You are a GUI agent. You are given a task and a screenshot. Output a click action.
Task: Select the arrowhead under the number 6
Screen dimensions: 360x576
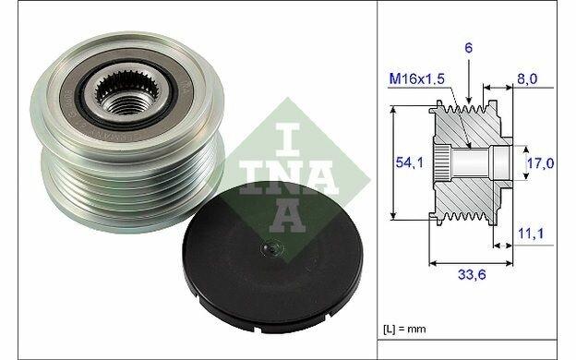[469, 98]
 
